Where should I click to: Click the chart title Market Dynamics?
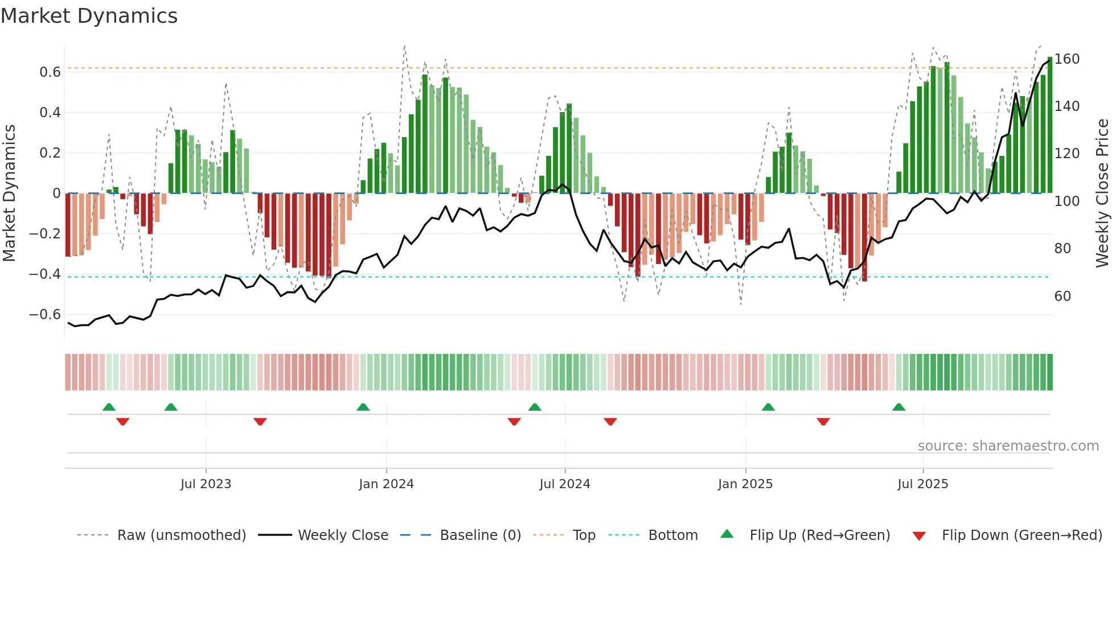point(89,16)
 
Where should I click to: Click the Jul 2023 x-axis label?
point(206,484)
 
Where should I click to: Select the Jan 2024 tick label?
point(386,484)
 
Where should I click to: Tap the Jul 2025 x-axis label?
point(922,484)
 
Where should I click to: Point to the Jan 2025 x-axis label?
point(745,484)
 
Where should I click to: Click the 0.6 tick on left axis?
point(50,72)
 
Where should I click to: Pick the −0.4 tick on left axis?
point(44,274)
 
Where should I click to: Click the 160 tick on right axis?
point(1066,59)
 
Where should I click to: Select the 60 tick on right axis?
point(1062,296)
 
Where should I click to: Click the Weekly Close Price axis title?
point(1102,193)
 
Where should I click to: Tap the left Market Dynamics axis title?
point(9,193)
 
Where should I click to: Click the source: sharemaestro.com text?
point(1008,446)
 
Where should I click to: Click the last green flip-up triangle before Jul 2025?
point(898,407)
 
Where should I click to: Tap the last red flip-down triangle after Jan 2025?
point(823,422)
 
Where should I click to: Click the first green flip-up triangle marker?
point(109,407)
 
